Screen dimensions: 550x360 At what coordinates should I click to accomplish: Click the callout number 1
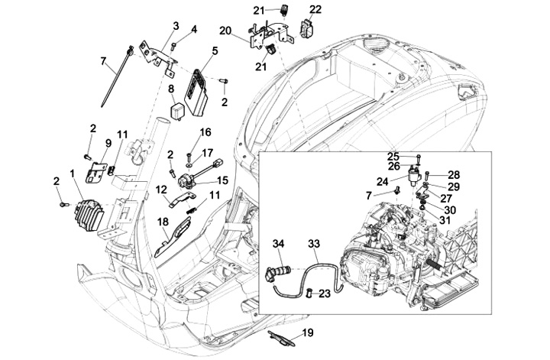coord(73,174)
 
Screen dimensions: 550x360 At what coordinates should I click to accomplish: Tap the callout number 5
coord(215,51)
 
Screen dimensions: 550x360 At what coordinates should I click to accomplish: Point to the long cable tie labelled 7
coord(115,79)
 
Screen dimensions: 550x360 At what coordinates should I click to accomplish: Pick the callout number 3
coord(176,26)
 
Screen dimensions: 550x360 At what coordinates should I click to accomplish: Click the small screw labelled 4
coord(173,46)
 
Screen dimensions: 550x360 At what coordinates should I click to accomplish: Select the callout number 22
coord(315,9)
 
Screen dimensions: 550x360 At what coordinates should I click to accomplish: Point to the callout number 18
coord(163,222)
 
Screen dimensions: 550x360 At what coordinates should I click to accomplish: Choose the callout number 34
coord(279,243)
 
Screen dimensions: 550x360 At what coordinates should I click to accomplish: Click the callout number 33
coord(314,243)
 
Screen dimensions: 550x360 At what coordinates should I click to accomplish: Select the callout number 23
coord(325,293)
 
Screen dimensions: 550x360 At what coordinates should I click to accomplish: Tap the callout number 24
coord(383,181)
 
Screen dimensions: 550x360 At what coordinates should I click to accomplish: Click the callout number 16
coord(205,132)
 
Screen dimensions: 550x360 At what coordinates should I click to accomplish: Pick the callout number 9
coord(108,143)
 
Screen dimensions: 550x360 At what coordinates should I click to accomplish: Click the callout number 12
coord(161,190)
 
